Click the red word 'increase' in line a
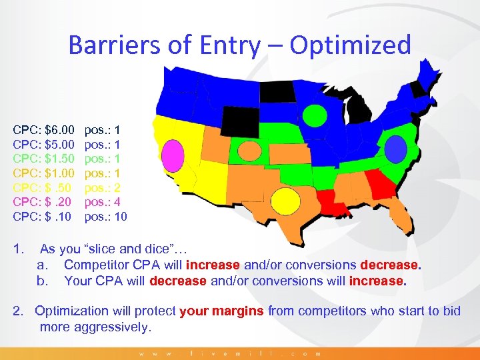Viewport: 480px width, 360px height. [x=213, y=265]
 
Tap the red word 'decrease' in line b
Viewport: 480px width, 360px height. [x=178, y=281]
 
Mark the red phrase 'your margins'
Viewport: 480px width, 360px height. [x=222, y=311]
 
